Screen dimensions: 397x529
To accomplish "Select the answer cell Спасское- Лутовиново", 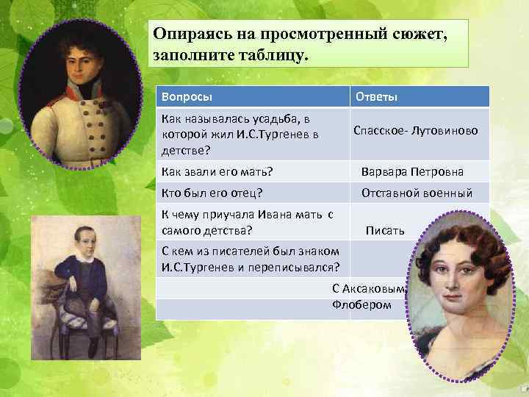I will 416,131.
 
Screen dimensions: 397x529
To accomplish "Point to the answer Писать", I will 385,231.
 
